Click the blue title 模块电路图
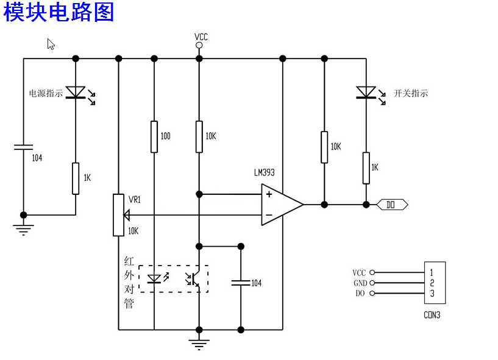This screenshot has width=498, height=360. point(59,12)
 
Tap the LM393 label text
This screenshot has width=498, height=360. point(265,172)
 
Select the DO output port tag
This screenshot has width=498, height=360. point(392,205)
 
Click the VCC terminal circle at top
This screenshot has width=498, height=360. point(199,46)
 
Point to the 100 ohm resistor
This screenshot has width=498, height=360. point(154,136)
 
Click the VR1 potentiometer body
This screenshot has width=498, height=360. point(118,215)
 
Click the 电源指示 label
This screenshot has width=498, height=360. point(46,93)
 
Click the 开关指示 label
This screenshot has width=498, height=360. point(411,93)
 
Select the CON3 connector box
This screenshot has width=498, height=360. point(435,283)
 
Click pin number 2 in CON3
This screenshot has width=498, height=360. point(432,283)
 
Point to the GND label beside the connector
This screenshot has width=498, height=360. point(360,283)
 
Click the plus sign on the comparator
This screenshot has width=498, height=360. point(269,194)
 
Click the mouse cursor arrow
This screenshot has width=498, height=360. point(51,44)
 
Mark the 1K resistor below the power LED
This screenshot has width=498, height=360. point(76,178)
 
